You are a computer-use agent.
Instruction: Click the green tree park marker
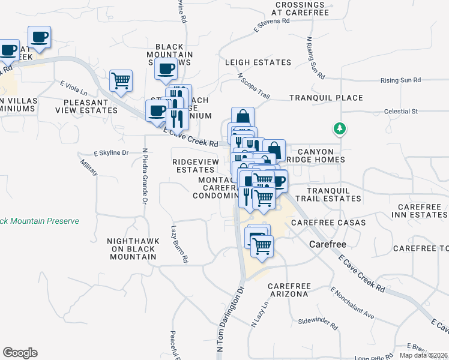pyautogui.click(x=340, y=128)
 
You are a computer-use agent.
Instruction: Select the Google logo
pyautogui.click(x=20, y=353)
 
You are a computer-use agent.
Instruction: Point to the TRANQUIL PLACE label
pyautogui.click(x=326, y=98)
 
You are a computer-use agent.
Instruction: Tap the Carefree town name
pyautogui.click(x=328, y=244)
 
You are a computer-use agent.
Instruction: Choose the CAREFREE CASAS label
pyautogui.click(x=328, y=223)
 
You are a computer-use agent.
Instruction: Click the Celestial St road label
pyautogui.click(x=400, y=112)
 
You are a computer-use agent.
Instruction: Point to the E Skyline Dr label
pyautogui.click(x=111, y=153)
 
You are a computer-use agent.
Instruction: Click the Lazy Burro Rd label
pyautogui.click(x=179, y=244)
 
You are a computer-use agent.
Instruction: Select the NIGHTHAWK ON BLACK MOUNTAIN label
pyautogui.click(x=133, y=248)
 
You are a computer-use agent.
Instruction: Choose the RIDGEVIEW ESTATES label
pyautogui.click(x=193, y=166)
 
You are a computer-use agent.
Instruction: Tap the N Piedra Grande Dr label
pyautogui.click(x=145, y=176)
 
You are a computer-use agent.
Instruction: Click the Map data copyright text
pyautogui.click(x=424, y=355)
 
